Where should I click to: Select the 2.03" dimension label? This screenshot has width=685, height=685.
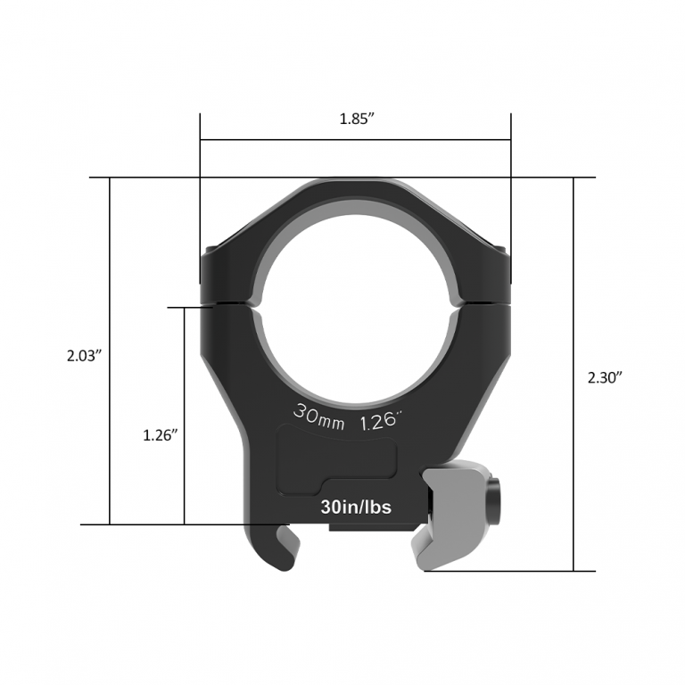click(85, 355)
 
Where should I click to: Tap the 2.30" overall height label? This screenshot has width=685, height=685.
click(605, 377)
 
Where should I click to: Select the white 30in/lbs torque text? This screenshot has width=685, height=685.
click(356, 507)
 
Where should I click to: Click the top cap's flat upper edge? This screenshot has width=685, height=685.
click(356, 180)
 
